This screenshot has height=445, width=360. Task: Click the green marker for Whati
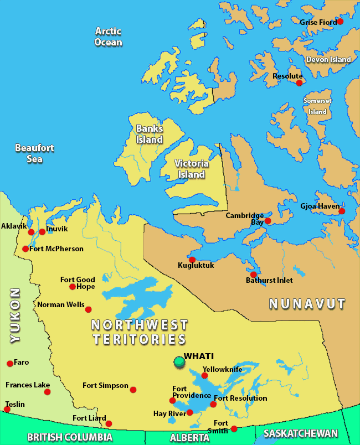tap(179, 362)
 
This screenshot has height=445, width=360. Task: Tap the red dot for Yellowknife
tap(204, 376)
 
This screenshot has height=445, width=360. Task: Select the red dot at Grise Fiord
tap(340, 22)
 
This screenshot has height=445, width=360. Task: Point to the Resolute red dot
tap(299, 83)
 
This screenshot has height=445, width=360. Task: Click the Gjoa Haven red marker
tap(342, 211)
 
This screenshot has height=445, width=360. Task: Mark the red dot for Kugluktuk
tap(192, 260)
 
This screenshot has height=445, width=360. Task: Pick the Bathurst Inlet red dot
tap(253, 275)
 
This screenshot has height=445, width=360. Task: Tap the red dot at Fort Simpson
tap(133, 390)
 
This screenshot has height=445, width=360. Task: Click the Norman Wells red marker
tap(88, 309)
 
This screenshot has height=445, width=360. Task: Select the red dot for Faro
tap(10, 364)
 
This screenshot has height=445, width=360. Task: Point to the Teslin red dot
tap(7, 410)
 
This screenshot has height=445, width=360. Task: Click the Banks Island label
tap(150, 134)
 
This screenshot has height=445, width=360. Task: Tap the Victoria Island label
tap(191, 169)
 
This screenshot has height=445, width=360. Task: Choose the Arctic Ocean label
tap(108, 37)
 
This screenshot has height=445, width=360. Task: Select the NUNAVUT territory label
tap(307, 304)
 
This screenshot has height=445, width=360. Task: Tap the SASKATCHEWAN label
tap(300, 433)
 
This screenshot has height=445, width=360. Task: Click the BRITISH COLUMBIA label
tap(70, 437)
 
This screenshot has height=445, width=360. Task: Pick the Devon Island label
tap(328, 59)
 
